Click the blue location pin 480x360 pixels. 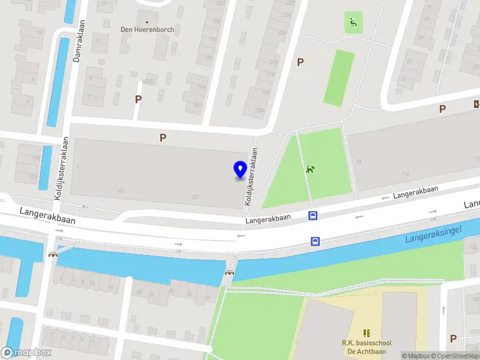coord(240,170)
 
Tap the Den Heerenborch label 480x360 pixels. coord(147,28)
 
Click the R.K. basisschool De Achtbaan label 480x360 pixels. coord(367,347)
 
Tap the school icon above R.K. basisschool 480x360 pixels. coord(367,332)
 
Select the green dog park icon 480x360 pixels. coord(310,170)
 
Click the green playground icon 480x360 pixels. coord(353,23)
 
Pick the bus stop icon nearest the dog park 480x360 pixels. coord(313,216)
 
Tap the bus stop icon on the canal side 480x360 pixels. coord(315,242)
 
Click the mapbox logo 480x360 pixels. coord(26,353)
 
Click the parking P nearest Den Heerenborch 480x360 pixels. coord(139,99)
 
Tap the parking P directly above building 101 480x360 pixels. coord(163,137)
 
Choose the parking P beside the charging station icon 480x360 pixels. coord(443,109)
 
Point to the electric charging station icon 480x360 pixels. coord(476,103)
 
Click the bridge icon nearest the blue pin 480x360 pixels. coord(229,272)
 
